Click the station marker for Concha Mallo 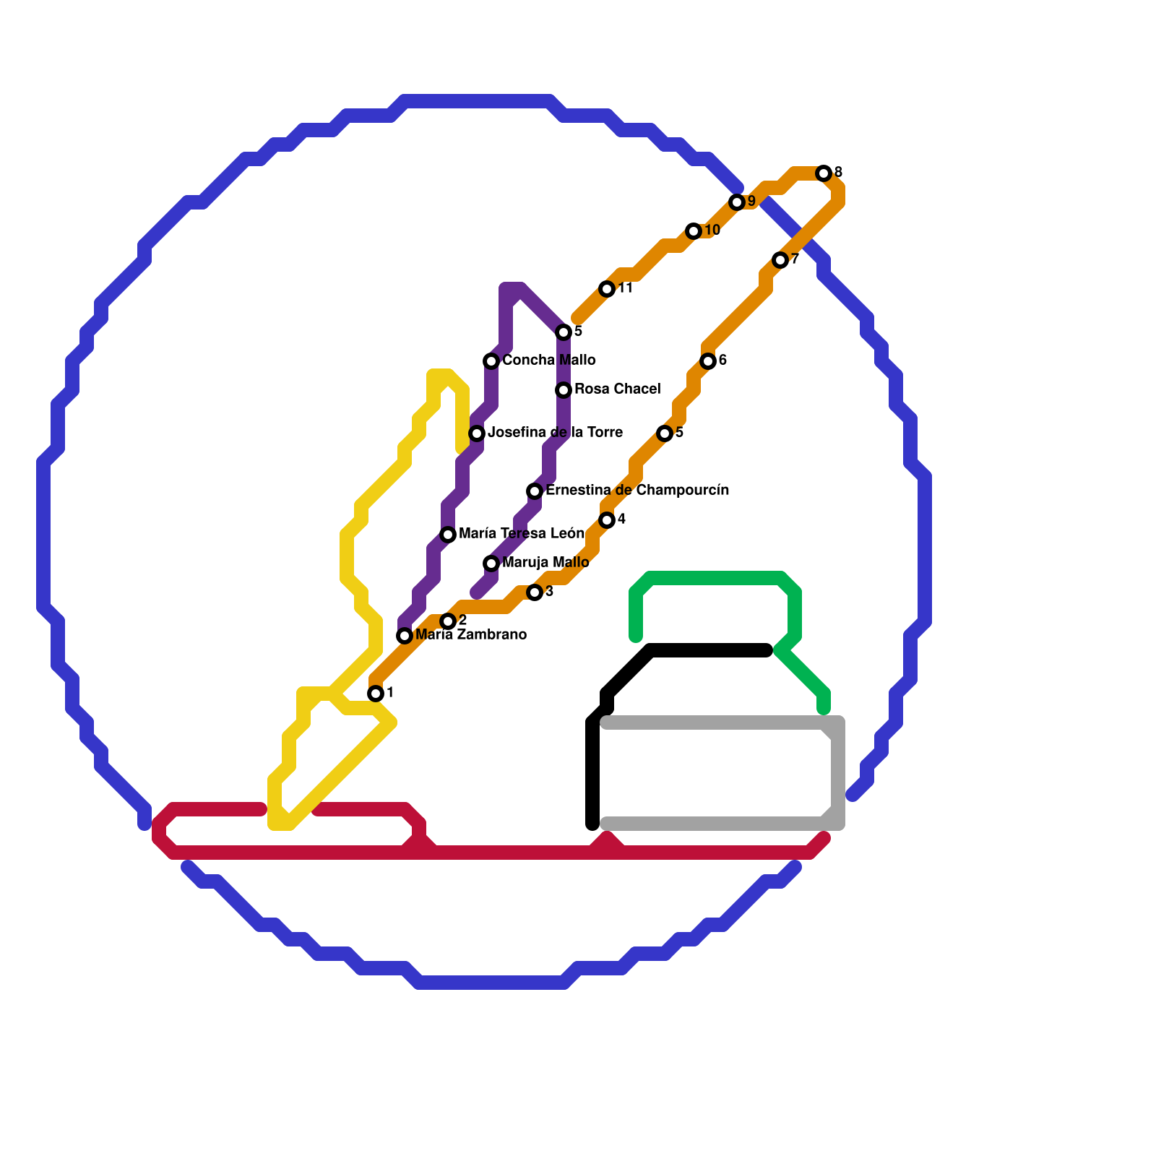click(491, 361)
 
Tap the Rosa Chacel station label click(617, 389)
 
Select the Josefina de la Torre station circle click(477, 433)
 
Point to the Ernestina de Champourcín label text click(637, 491)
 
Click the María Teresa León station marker click(448, 535)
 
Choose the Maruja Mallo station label click(545, 563)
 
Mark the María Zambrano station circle click(405, 636)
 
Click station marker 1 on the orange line click(376, 694)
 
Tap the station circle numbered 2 click(448, 621)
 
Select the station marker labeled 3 click(535, 592)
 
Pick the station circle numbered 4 click(607, 520)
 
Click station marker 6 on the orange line click(708, 361)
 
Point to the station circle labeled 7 click(780, 260)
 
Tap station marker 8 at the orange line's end click(824, 173)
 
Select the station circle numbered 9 click(737, 202)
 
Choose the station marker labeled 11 click(607, 289)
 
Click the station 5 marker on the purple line click(564, 332)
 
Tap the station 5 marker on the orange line click(665, 433)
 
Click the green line click(715, 578)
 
